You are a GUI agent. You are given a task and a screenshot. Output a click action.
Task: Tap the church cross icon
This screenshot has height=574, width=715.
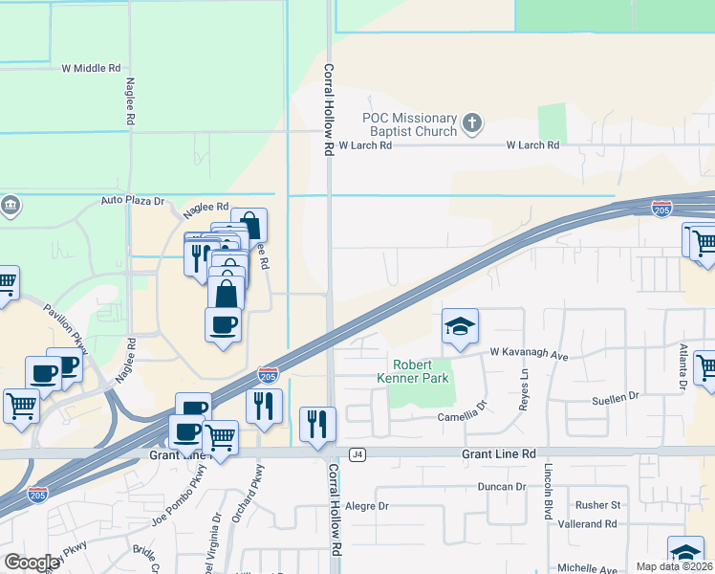point(471,122)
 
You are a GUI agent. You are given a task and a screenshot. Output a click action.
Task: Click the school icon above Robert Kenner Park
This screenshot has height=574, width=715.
point(460,326)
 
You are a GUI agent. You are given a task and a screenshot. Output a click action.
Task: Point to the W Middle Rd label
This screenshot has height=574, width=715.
point(92,69)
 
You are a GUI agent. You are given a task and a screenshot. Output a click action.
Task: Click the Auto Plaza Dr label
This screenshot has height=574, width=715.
point(133,202)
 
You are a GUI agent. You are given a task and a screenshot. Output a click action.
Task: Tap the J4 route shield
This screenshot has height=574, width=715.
point(357,453)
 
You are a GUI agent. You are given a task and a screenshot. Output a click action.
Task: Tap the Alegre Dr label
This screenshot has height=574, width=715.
point(367,506)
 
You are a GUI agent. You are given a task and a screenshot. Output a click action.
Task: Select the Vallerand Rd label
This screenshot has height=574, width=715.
point(589,524)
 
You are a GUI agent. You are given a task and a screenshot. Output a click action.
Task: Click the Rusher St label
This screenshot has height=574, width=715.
point(598,504)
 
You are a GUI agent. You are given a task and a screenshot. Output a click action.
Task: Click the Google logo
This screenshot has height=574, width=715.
point(32,563)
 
